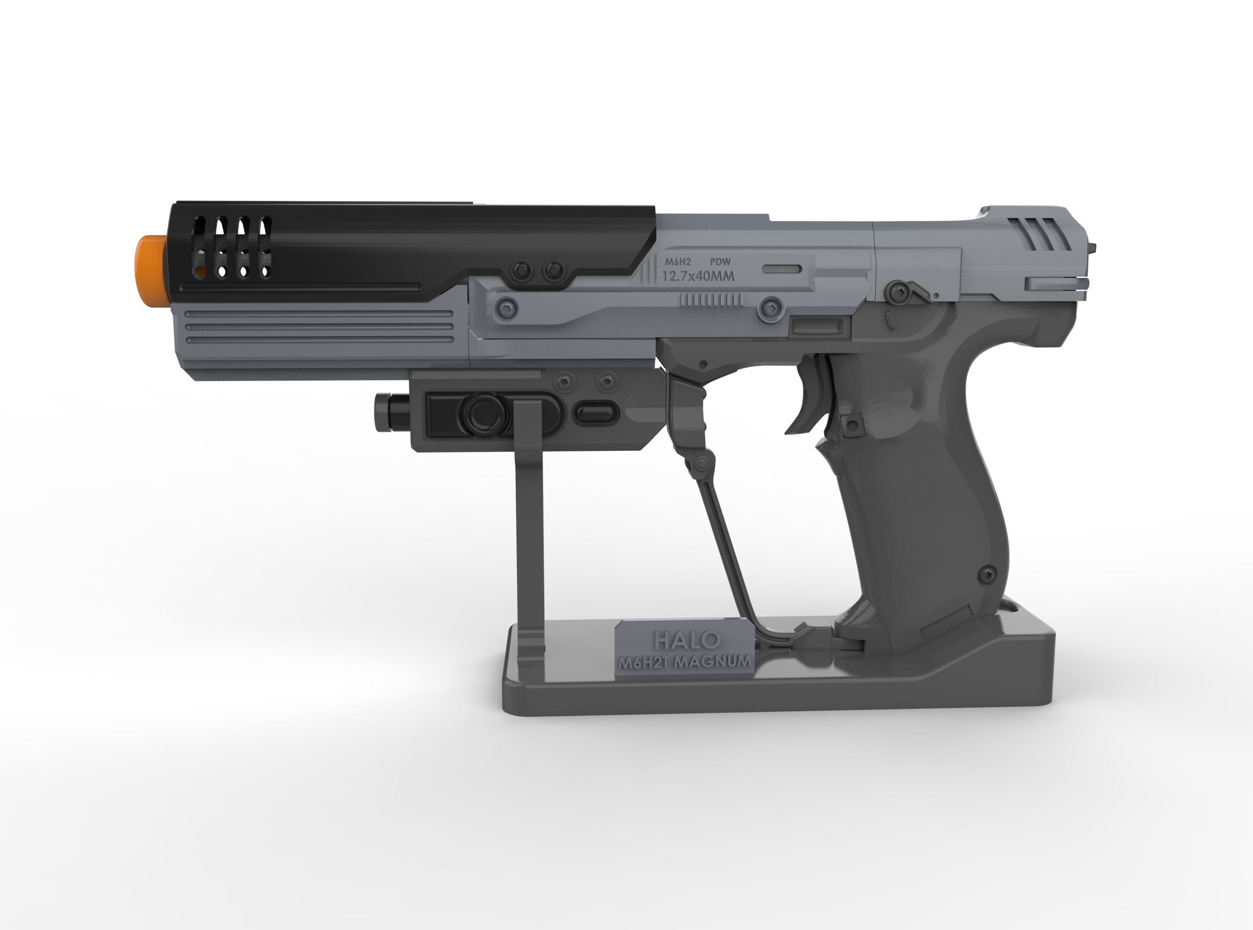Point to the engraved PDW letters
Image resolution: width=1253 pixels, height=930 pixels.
(719, 262)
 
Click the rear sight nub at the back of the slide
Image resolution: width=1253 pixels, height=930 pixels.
(1094, 247)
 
